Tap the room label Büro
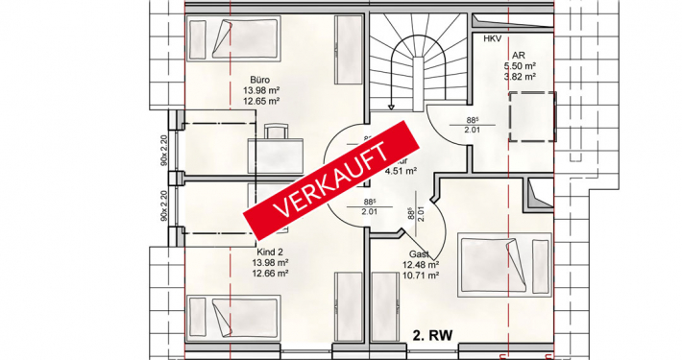pos(259,80)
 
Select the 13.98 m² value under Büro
pos(260,90)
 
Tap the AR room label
pos(518,56)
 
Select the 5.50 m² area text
pos(518,66)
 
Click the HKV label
pos(493,38)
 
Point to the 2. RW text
pos(433,336)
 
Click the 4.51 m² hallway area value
pos(400,172)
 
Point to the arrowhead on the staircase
pos(391,108)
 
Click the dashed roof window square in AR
pos(531,115)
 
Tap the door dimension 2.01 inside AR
pos(472,130)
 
